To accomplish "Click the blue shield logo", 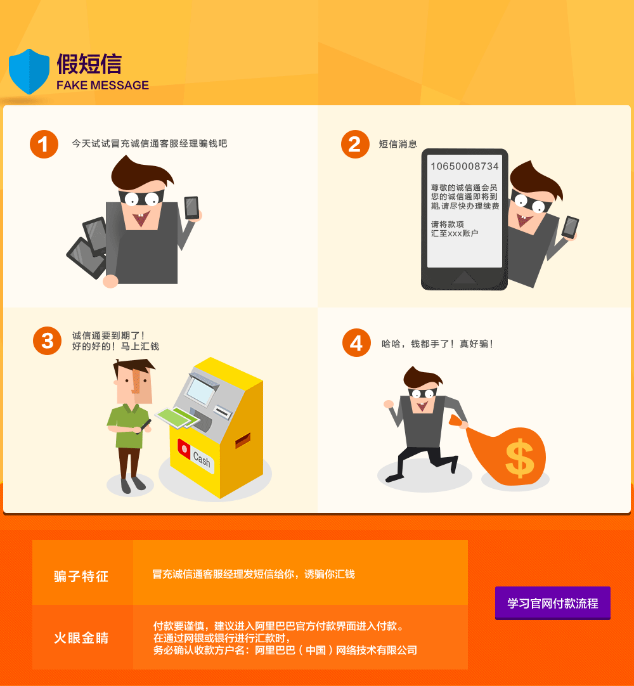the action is click(29, 71).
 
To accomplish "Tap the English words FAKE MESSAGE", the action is click(103, 85).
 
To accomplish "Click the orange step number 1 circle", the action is click(44, 144).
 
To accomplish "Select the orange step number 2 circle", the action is click(355, 144).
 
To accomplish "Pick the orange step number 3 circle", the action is click(48, 341).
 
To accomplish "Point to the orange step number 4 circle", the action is click(356, 342).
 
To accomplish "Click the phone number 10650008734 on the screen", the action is click(465, 166).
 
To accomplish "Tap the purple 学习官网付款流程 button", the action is click(553, 603).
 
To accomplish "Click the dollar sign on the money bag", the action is click(520, 458).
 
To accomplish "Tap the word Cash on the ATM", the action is click(201, 459).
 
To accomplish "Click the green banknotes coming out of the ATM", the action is click(178, 418).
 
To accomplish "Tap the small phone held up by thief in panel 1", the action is click(191, 207).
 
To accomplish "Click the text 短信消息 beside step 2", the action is click(398, 144).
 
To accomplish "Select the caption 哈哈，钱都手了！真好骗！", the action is click(437, 344).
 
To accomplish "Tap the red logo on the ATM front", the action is click(184, 448).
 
